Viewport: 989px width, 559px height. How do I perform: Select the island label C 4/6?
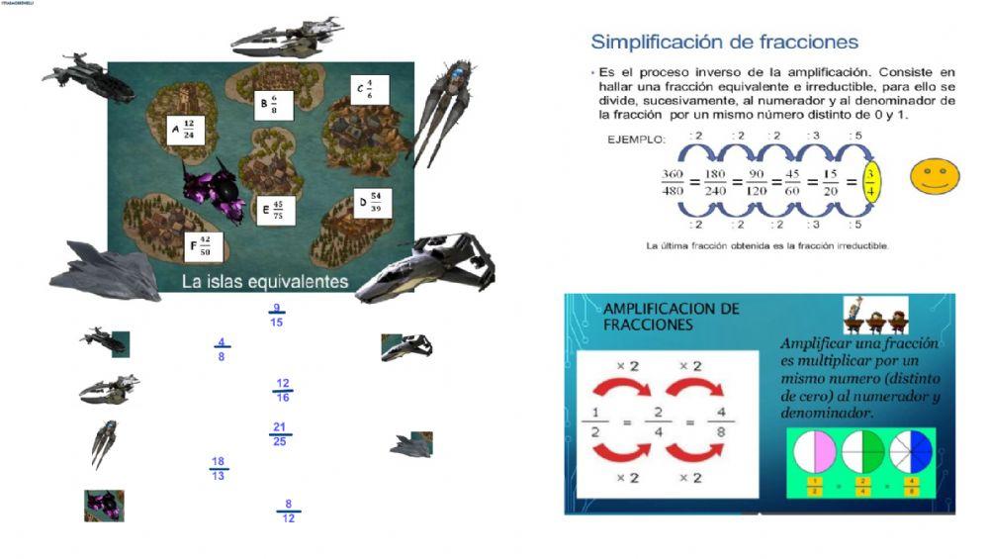pyautogui.click(x=369, y=89)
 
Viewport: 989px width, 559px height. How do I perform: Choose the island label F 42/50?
pyautogui.click(x=203, y=245)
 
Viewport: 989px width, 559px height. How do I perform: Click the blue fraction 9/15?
pyautogui.click(x=276, y=315)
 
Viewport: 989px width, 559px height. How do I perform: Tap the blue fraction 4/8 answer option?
pyautogui.click(x=222, y=349)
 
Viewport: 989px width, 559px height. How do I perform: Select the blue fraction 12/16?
pyautogui.click(x=283, y=390)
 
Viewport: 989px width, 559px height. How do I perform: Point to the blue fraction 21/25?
pyautogui.click(x=280, y=434)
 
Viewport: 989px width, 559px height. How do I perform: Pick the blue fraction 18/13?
pyautogui.click(x=219, y=469)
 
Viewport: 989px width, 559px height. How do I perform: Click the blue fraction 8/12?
pyautogui.click(x=288, y=511)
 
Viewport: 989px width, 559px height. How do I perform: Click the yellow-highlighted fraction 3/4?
pyautogui.click(x=869, y=182)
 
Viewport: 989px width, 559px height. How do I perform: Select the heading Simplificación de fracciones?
pyautogui.click(x=724, y=43)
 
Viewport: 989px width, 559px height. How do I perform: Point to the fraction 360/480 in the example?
pyautogui.click(x=673, y=183)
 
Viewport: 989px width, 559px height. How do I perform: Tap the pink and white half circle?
pyautogui.click(x=815, y=452)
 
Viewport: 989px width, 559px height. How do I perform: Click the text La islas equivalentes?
pyautogui.click(x=265, y=282)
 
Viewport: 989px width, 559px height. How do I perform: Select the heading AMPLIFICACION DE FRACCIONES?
pyautogui.click(x=671, y=317)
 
